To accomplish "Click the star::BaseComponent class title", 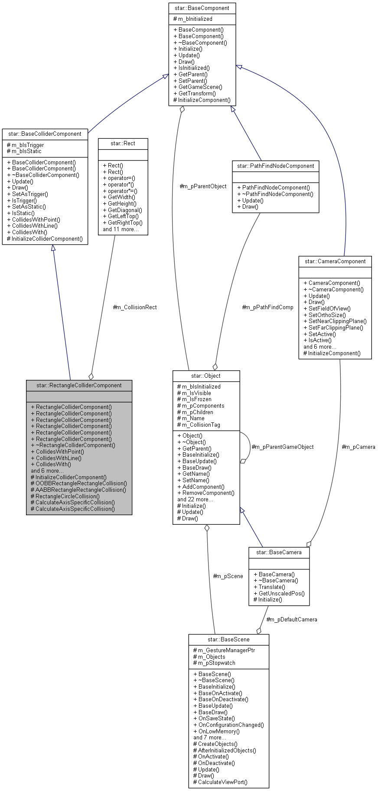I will [x=202, y=8].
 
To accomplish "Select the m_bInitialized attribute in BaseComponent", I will [x=195, y=19].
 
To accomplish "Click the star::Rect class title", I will [x=123, y=144].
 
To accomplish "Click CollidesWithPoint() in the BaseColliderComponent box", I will [x=36, y=219].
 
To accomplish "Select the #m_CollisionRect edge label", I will [x=135, y=307].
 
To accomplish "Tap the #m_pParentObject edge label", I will [x=203, y=186].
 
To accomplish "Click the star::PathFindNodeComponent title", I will [x=276, y=166].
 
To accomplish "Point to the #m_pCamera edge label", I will [x=358, y=447].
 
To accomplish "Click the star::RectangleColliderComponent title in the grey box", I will [x=79, y=386].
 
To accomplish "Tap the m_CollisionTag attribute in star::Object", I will [x=201, y=425].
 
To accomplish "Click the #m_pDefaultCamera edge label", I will [x=291, y=620].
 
